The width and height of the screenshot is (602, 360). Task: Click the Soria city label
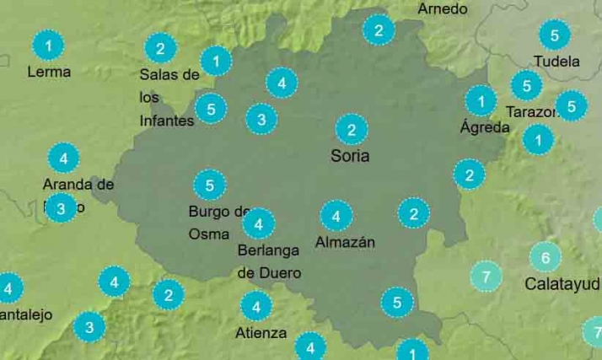350,156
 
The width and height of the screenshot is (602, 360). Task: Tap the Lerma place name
49,72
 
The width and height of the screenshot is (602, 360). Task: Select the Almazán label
345,242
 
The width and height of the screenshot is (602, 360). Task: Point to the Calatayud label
562,283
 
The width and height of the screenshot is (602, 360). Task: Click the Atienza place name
261,332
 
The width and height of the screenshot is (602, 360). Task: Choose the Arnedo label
442,9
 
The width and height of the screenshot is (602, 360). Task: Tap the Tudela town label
556,62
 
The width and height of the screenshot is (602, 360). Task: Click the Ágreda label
485,127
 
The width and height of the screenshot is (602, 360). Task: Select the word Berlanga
268,251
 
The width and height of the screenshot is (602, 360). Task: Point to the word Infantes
167,121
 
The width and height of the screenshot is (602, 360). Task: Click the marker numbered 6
546,257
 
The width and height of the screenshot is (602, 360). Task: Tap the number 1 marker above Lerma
49,45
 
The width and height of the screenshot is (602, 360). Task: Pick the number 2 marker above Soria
351,130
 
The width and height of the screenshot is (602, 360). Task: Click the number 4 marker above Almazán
336,217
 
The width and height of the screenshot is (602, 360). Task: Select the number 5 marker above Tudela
554,35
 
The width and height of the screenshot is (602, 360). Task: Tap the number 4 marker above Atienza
256,306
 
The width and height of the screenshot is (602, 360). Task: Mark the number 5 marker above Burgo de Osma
209,185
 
